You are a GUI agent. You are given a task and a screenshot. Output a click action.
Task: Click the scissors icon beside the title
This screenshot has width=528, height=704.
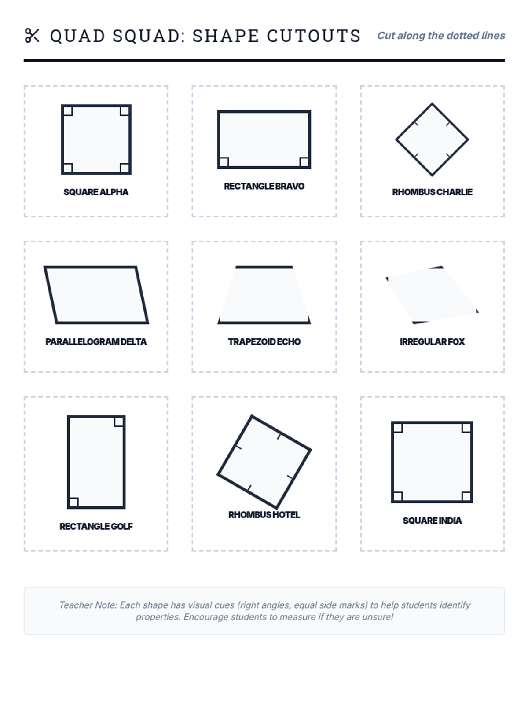[32, 35]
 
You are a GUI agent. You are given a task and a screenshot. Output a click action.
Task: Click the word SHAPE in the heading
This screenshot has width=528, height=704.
[225, 36]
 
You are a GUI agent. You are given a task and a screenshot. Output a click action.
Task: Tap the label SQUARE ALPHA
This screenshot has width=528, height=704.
[96, 192]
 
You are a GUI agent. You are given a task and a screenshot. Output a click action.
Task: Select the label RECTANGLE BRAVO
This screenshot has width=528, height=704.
[264, 187]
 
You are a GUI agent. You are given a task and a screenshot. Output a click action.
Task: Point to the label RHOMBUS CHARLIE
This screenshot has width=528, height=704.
[432, 192]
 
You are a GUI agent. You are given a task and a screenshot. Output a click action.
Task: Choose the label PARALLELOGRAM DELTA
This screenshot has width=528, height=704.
[96, 341]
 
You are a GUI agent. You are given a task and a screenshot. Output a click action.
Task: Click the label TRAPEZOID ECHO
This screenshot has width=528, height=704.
[264, 341]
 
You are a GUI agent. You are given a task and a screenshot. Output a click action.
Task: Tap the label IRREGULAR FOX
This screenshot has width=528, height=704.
[432, 341]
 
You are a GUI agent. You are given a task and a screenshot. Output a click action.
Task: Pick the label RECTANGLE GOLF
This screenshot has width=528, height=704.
[96, 527]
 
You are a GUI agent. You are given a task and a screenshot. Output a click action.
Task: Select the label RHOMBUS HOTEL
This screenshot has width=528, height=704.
[264, 515]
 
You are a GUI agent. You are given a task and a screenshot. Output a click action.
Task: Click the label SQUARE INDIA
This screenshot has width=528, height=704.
[432, 521]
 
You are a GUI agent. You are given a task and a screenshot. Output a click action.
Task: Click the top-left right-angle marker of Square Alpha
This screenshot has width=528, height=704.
[68, 111]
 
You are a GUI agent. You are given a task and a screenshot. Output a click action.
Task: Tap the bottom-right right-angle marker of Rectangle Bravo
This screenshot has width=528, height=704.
[304, 162]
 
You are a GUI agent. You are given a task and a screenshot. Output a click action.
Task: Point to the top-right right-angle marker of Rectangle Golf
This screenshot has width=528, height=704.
[119, 422]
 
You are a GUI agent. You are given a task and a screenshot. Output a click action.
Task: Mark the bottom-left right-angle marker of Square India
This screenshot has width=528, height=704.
[398, 496]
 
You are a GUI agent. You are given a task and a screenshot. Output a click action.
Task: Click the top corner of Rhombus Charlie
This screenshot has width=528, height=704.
[432, 103]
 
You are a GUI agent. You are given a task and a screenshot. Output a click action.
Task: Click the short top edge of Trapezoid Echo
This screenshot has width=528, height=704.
[264, 267]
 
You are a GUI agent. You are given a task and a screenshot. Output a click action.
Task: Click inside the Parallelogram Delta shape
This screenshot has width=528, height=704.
[96, 295]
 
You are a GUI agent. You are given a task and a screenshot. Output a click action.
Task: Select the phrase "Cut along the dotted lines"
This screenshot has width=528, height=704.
[441, 35]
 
